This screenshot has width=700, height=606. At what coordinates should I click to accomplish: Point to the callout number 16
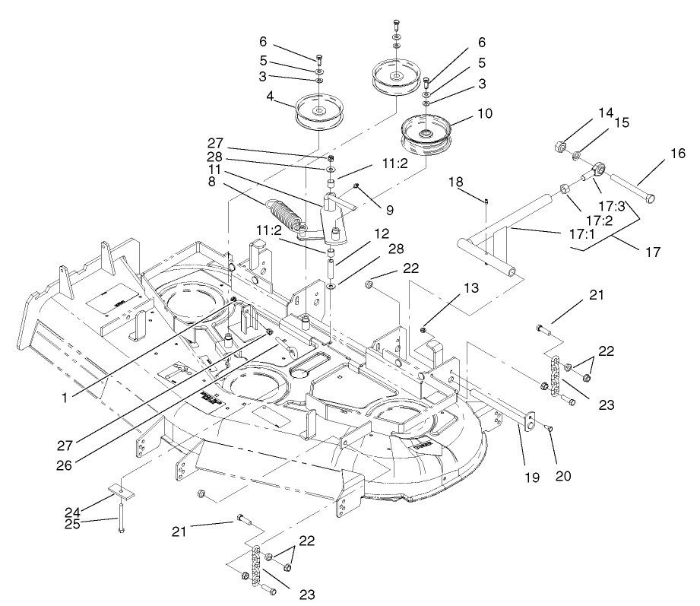[x=655, y=154]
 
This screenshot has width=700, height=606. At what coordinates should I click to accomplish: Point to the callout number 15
[x=623, y=122]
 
